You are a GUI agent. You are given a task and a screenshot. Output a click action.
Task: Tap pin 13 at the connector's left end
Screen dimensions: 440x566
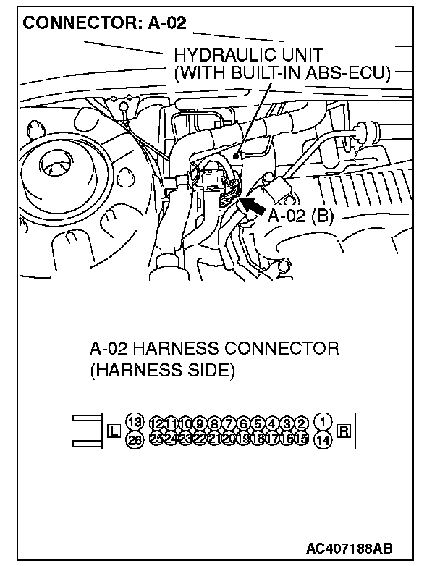pyautogui.click(x=134, y=422)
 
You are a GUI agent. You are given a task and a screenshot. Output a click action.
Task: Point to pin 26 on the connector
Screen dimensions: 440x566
pyautogui.click(x=134, y=439)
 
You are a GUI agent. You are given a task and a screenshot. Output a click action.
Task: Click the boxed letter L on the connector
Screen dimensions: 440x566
pyautogui.click(x=113, y=432)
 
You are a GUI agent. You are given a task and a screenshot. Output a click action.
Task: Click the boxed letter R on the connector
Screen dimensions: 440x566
pyautogui.click(x=344, y=432)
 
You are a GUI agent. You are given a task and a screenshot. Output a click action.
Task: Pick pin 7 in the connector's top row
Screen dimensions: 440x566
pyautogui.click(x=229, y=423)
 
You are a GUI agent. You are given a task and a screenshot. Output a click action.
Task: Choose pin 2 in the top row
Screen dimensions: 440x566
pyautogui.click(x=302, y=423)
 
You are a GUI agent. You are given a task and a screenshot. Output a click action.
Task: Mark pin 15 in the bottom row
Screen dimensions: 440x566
pyautogui.click(x=302, y=438)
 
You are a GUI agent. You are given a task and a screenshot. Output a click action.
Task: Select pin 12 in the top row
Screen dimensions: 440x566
pyautogui.click(x=156, y=423)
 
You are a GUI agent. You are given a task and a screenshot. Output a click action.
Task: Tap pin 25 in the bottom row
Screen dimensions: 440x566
pyautogui.click(x=156, y=438)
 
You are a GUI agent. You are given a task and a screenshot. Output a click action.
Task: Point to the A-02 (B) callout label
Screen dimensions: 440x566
pyautogui.click(x=300, y=216)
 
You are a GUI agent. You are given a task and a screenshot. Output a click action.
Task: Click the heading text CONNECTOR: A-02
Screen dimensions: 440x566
pyautogui.click(x=105, y=23)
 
